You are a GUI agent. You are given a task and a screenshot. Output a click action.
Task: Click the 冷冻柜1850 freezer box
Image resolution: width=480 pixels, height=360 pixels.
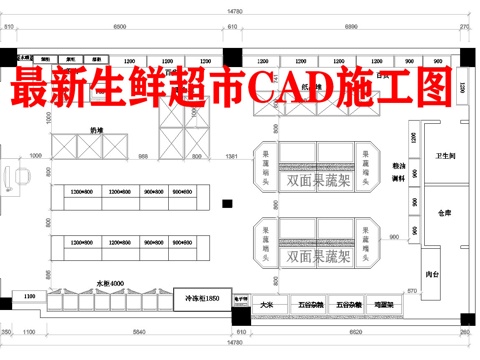196,299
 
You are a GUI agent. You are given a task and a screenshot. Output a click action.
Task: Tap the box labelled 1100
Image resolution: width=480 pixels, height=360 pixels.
29,297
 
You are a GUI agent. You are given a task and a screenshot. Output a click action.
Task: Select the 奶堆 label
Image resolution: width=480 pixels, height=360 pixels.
97,130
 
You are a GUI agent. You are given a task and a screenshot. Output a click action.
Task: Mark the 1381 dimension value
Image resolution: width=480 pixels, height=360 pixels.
231,157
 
